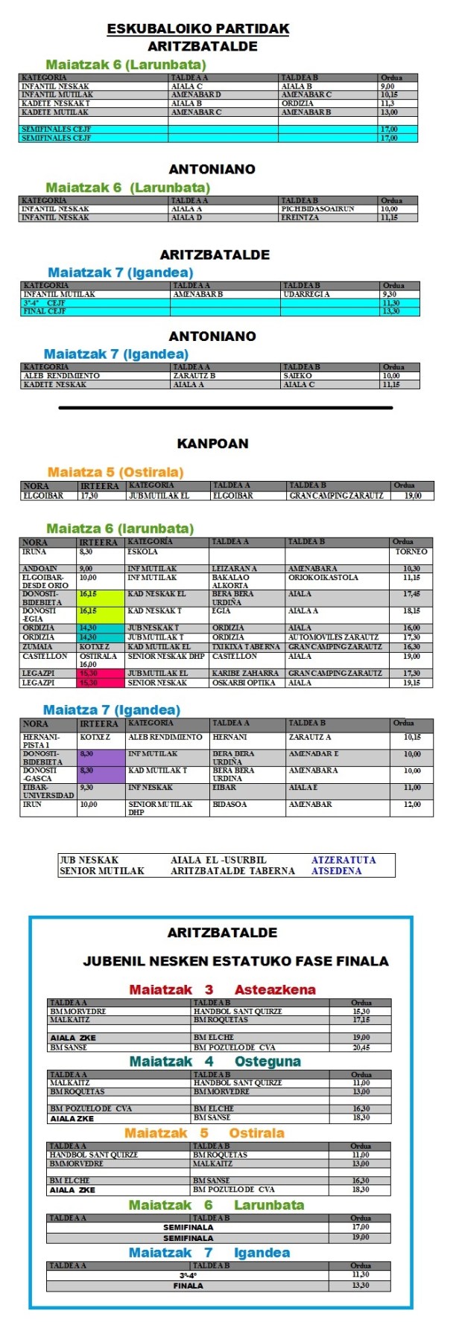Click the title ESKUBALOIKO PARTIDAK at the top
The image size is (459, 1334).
[198, 29]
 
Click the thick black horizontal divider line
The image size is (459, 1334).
[225, 408]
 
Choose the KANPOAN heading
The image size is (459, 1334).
[212, 444]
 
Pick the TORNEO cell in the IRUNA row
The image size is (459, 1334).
[411, 552]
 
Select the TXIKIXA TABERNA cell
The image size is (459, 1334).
[246, 647]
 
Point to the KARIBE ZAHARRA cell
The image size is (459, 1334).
[246, 673]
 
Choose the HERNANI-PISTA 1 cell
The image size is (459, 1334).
[48, 741]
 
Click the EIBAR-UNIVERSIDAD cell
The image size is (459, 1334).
[48, 791]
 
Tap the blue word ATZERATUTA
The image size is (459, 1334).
[344, 860]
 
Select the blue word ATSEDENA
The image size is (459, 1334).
[336, 871]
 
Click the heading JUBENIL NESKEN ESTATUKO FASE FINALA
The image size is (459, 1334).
[235, 961]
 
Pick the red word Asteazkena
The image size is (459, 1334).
[275, 989]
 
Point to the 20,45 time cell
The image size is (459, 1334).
[361, 1047]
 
